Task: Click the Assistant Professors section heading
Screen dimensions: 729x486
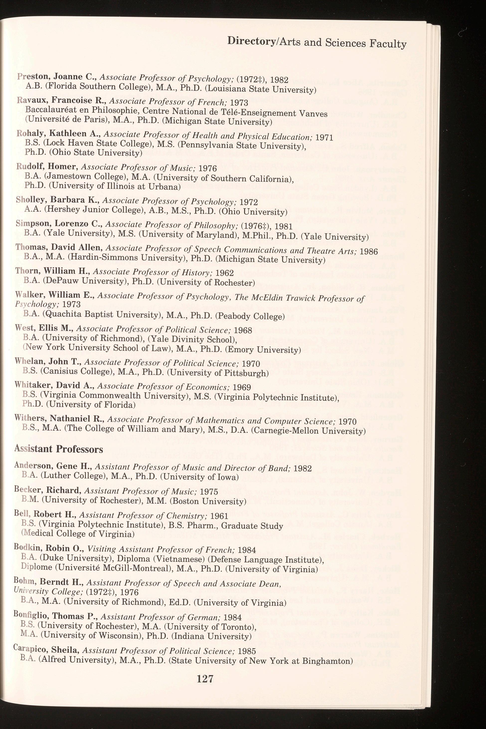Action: tap(59, 449)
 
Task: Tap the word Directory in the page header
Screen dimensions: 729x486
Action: tap(250, 41)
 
